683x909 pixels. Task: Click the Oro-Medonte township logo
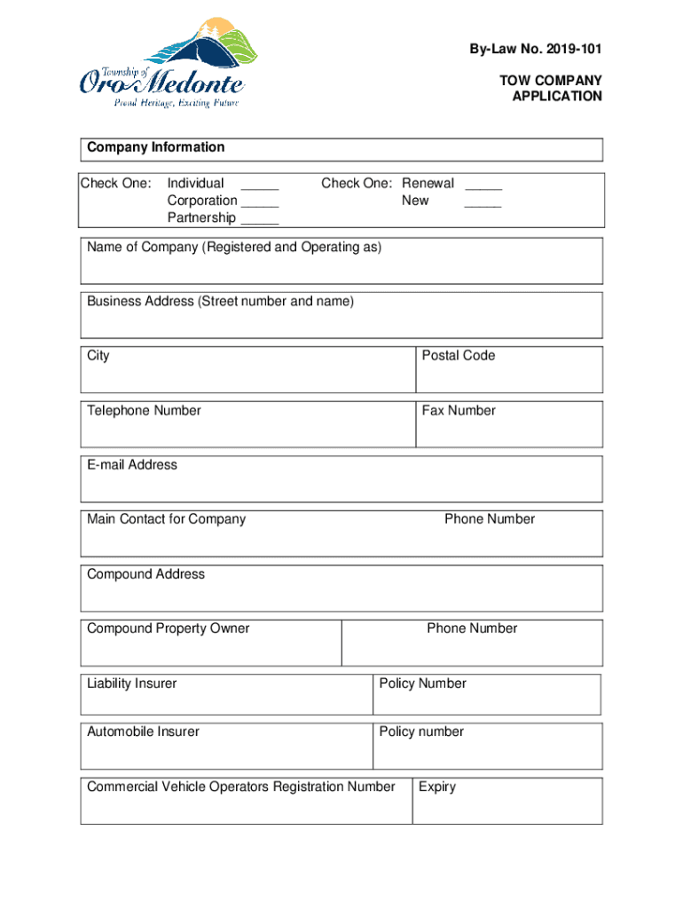[x=161, y=64]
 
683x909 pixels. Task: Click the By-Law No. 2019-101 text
[x=536, y=49]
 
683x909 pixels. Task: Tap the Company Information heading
[x=155, y=147]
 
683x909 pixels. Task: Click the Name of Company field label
[x=234, y=247]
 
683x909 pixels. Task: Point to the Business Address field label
[x=220, y=302]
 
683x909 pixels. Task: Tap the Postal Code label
[x=458, y=356]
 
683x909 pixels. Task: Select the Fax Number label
[x=458, y=411]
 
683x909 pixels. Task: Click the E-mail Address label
[x=132, y=465]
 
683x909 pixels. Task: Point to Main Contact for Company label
[x=166, y=519]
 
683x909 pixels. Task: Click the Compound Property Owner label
[x=168, y=628]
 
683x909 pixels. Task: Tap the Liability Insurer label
[x=131, y=684]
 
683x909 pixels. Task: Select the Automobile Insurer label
[x=143, y=732]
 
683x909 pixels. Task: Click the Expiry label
[x=437, y=787]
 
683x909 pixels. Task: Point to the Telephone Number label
[x=144, y=411]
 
